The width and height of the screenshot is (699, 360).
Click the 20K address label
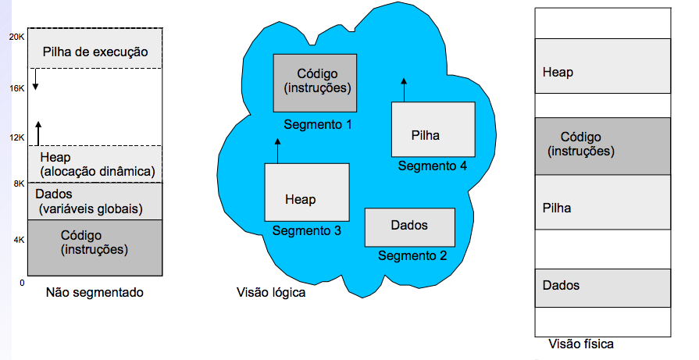point(16,37)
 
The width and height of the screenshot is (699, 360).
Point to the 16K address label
point(16,88)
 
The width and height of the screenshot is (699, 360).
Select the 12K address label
point(16,138)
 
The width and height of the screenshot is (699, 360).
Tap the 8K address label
point(19,184)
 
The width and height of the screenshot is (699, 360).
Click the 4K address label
point(19,240)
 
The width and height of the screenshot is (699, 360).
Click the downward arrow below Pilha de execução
point(35,79)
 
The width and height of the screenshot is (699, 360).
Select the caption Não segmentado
point(95,293)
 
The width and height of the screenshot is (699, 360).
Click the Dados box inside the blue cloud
point(410,226)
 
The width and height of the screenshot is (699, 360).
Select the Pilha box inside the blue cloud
point(433,130)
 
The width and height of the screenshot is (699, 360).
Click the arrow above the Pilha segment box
point(404,88)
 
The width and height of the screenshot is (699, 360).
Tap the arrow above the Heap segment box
point(277,150)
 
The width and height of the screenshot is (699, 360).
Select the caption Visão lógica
point(270,294)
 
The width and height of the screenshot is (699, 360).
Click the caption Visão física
point(581,344)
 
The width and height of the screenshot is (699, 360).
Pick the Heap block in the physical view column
point(603,73)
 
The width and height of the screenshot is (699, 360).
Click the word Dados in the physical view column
point(561,286)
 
